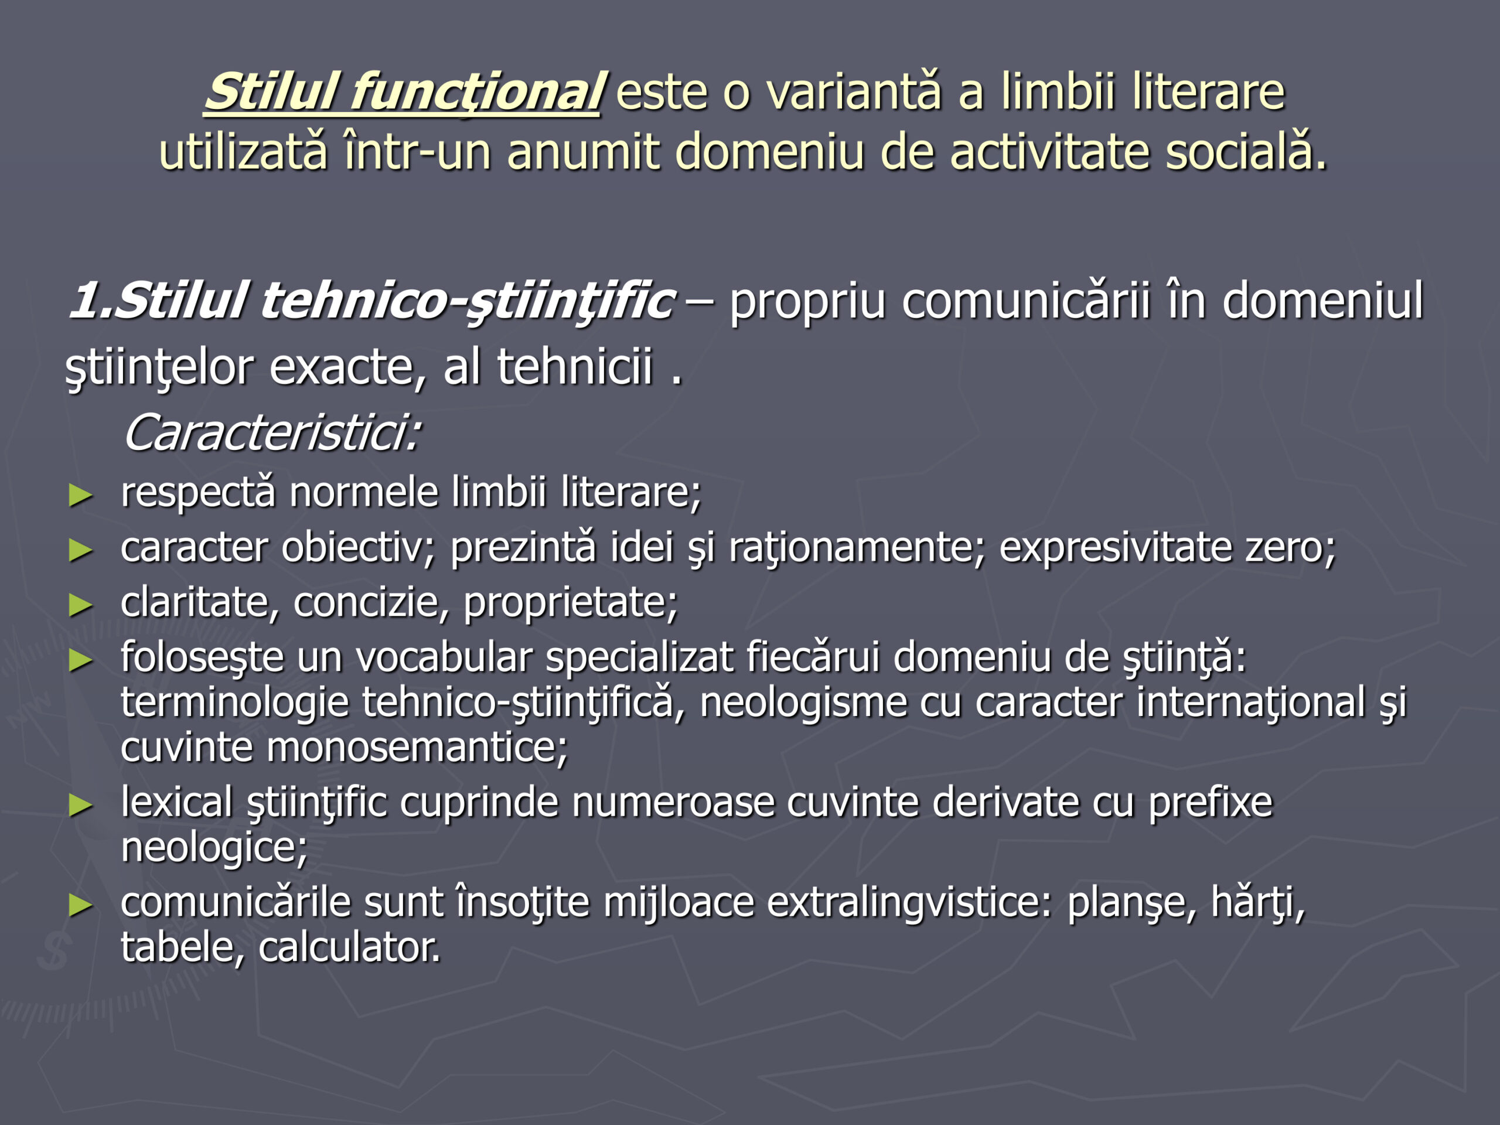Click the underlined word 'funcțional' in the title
tap(475, 93)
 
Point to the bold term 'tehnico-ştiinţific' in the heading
tap(468, 301)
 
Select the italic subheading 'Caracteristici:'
tap(272, 432)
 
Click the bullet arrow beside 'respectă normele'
tap(81, 496)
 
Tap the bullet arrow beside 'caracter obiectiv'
tap(81, 550)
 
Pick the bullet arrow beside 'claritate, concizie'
tap(81, 605)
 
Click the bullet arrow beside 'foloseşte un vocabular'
tap(81, 660)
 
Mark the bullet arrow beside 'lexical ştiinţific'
tap(81, 806)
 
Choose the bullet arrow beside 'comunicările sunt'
tap(81, 905)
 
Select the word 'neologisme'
tap(803, 703)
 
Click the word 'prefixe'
tap(1211, 802)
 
